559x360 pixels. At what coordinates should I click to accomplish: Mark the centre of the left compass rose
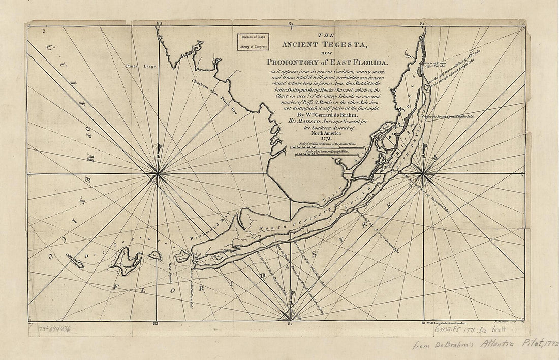tap(158, 174)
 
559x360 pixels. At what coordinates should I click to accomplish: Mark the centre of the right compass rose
tap(423, 174)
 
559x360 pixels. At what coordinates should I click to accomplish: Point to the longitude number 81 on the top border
tap(422, 23)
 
